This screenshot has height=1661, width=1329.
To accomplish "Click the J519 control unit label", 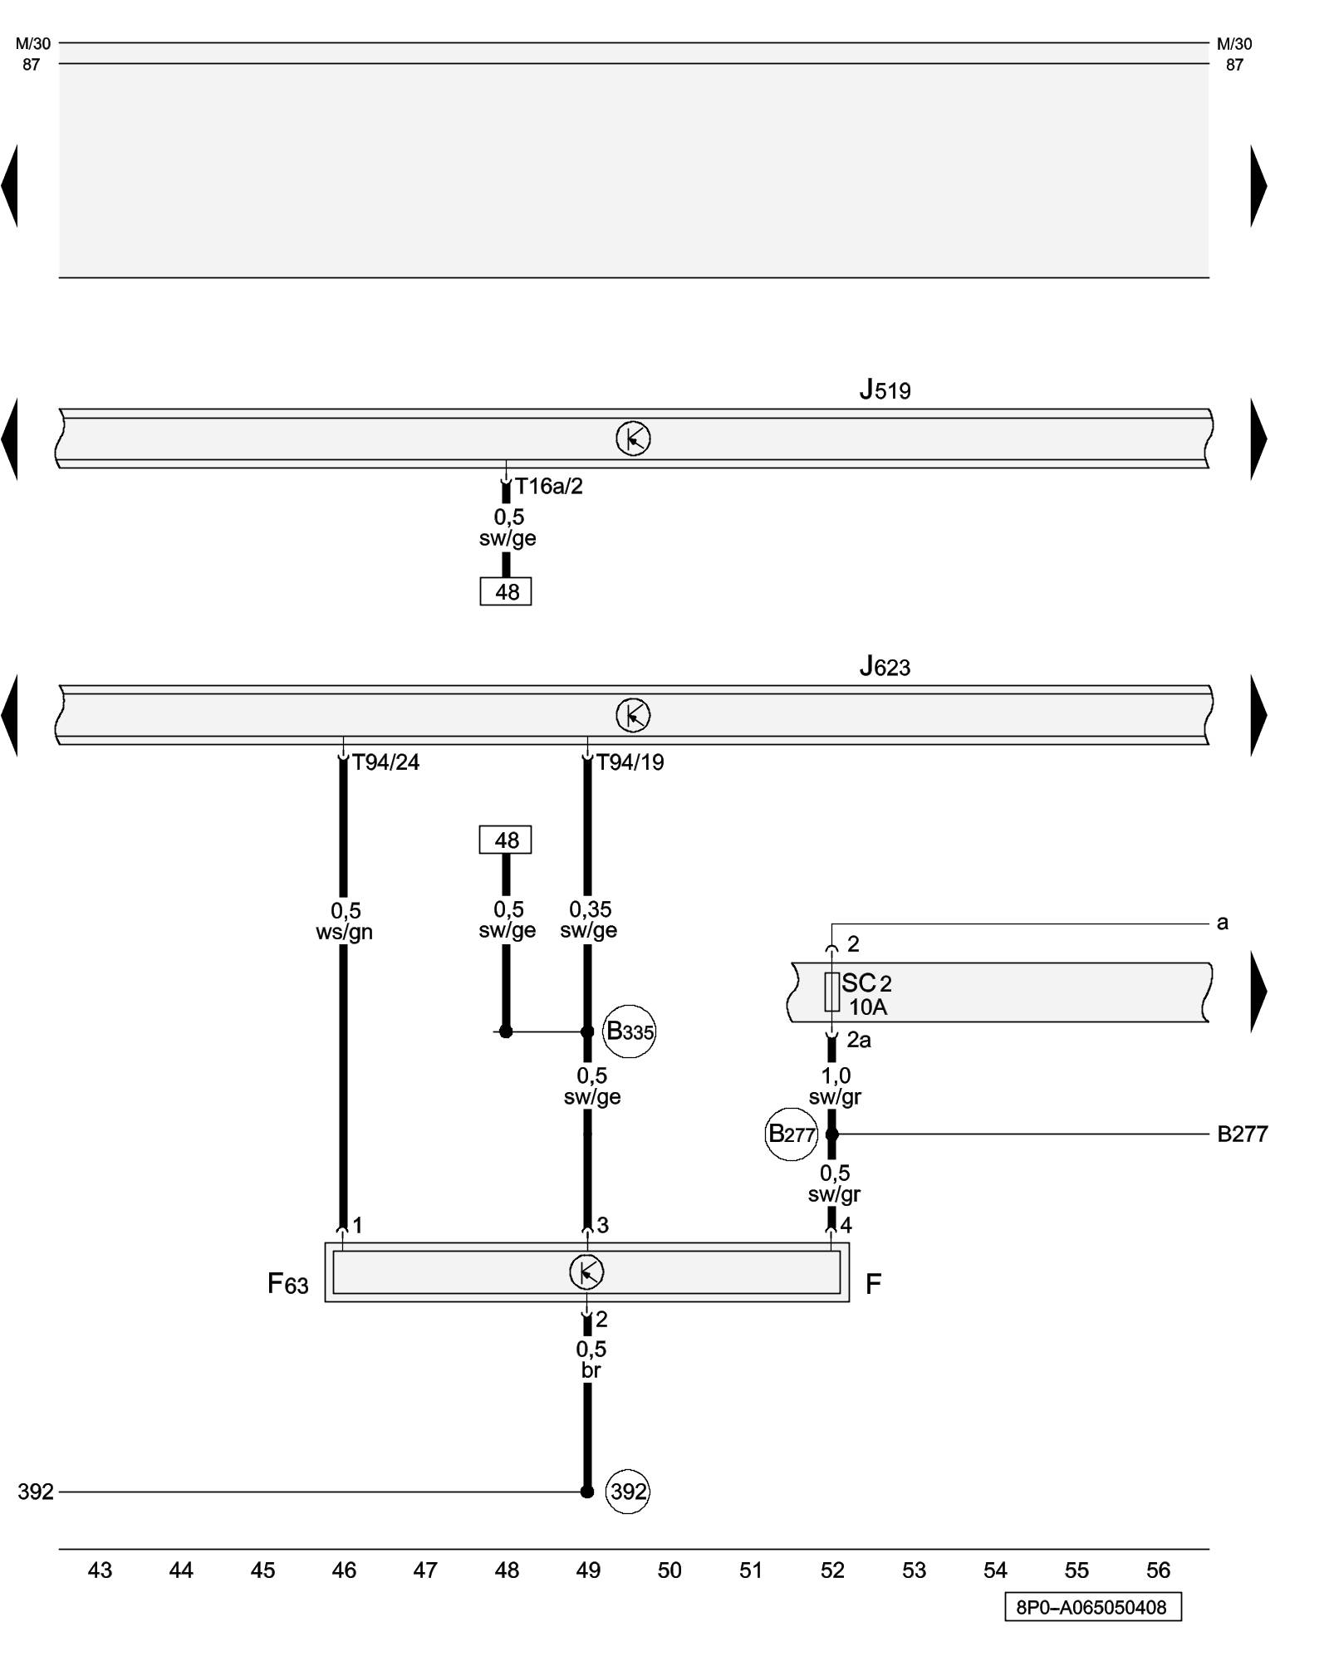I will click(x=885, y=390).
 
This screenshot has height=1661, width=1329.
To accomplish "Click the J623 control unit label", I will click(x=885, y=666).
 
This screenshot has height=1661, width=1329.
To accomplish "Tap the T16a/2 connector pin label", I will click(x=548, y=487).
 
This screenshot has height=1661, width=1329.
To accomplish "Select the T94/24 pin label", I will click(x=385, y=762).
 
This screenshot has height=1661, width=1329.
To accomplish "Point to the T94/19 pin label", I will click(x=630, y=762).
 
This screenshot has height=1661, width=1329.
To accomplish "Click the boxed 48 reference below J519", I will click(x=506, y=592).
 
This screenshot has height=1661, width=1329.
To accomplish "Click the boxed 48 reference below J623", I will click(x=506, y=840).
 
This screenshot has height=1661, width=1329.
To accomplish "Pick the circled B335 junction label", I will click(x=630, y=1031).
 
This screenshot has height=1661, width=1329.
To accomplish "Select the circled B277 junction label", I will click(x=791, y=1134).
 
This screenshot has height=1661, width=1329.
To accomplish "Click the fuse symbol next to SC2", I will click(x=831, y=992).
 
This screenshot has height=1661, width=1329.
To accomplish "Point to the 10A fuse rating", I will click(x=868, y=1007).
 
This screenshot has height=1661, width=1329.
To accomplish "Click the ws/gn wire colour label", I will click(x=344, y=933).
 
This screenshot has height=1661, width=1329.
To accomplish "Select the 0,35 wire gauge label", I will click(x=590, y=910).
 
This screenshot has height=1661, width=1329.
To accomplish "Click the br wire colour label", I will click(x=591, y=1370).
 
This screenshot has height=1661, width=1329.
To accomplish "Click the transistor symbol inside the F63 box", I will click(x=586, y=1272).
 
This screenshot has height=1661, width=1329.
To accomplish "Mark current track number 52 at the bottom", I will click(x=832, y=1570).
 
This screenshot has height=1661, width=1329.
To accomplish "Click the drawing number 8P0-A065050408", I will click(x=1092, y=1607).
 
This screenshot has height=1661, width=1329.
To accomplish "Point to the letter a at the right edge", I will click(x=1222, y=923).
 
